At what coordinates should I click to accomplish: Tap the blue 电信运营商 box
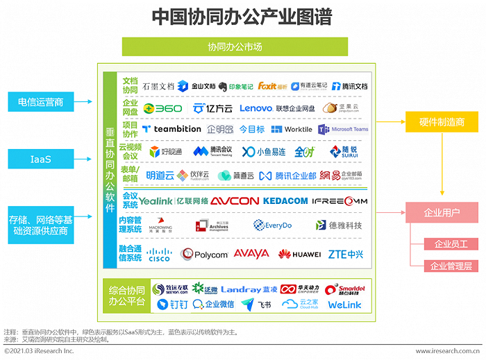coord(41,102)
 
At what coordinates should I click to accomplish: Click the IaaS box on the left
coord(41,160)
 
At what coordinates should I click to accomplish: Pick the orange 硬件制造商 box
coord(442,122)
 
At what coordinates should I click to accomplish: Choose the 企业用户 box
coord(442,212)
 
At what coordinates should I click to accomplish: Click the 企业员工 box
coord(451,244)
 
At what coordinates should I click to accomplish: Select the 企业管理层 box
coord(451,266)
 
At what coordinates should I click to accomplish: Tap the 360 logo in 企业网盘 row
coord(162,108)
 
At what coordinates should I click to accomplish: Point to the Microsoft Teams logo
coord(343,129)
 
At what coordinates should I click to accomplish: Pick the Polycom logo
coord(204,255)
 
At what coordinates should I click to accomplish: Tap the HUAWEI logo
coord(299,255)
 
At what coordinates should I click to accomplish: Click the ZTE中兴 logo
coord(346,255)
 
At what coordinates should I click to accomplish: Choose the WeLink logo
coord(344,305)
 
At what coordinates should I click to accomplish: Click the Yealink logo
coord(156,200)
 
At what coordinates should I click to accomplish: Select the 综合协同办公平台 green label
coord(126,296)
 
